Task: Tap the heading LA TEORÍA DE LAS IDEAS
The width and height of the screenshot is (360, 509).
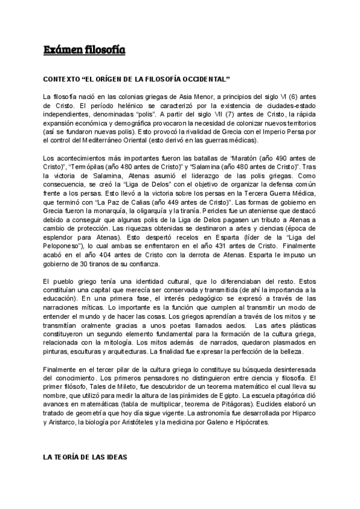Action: tap(84, 457)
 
